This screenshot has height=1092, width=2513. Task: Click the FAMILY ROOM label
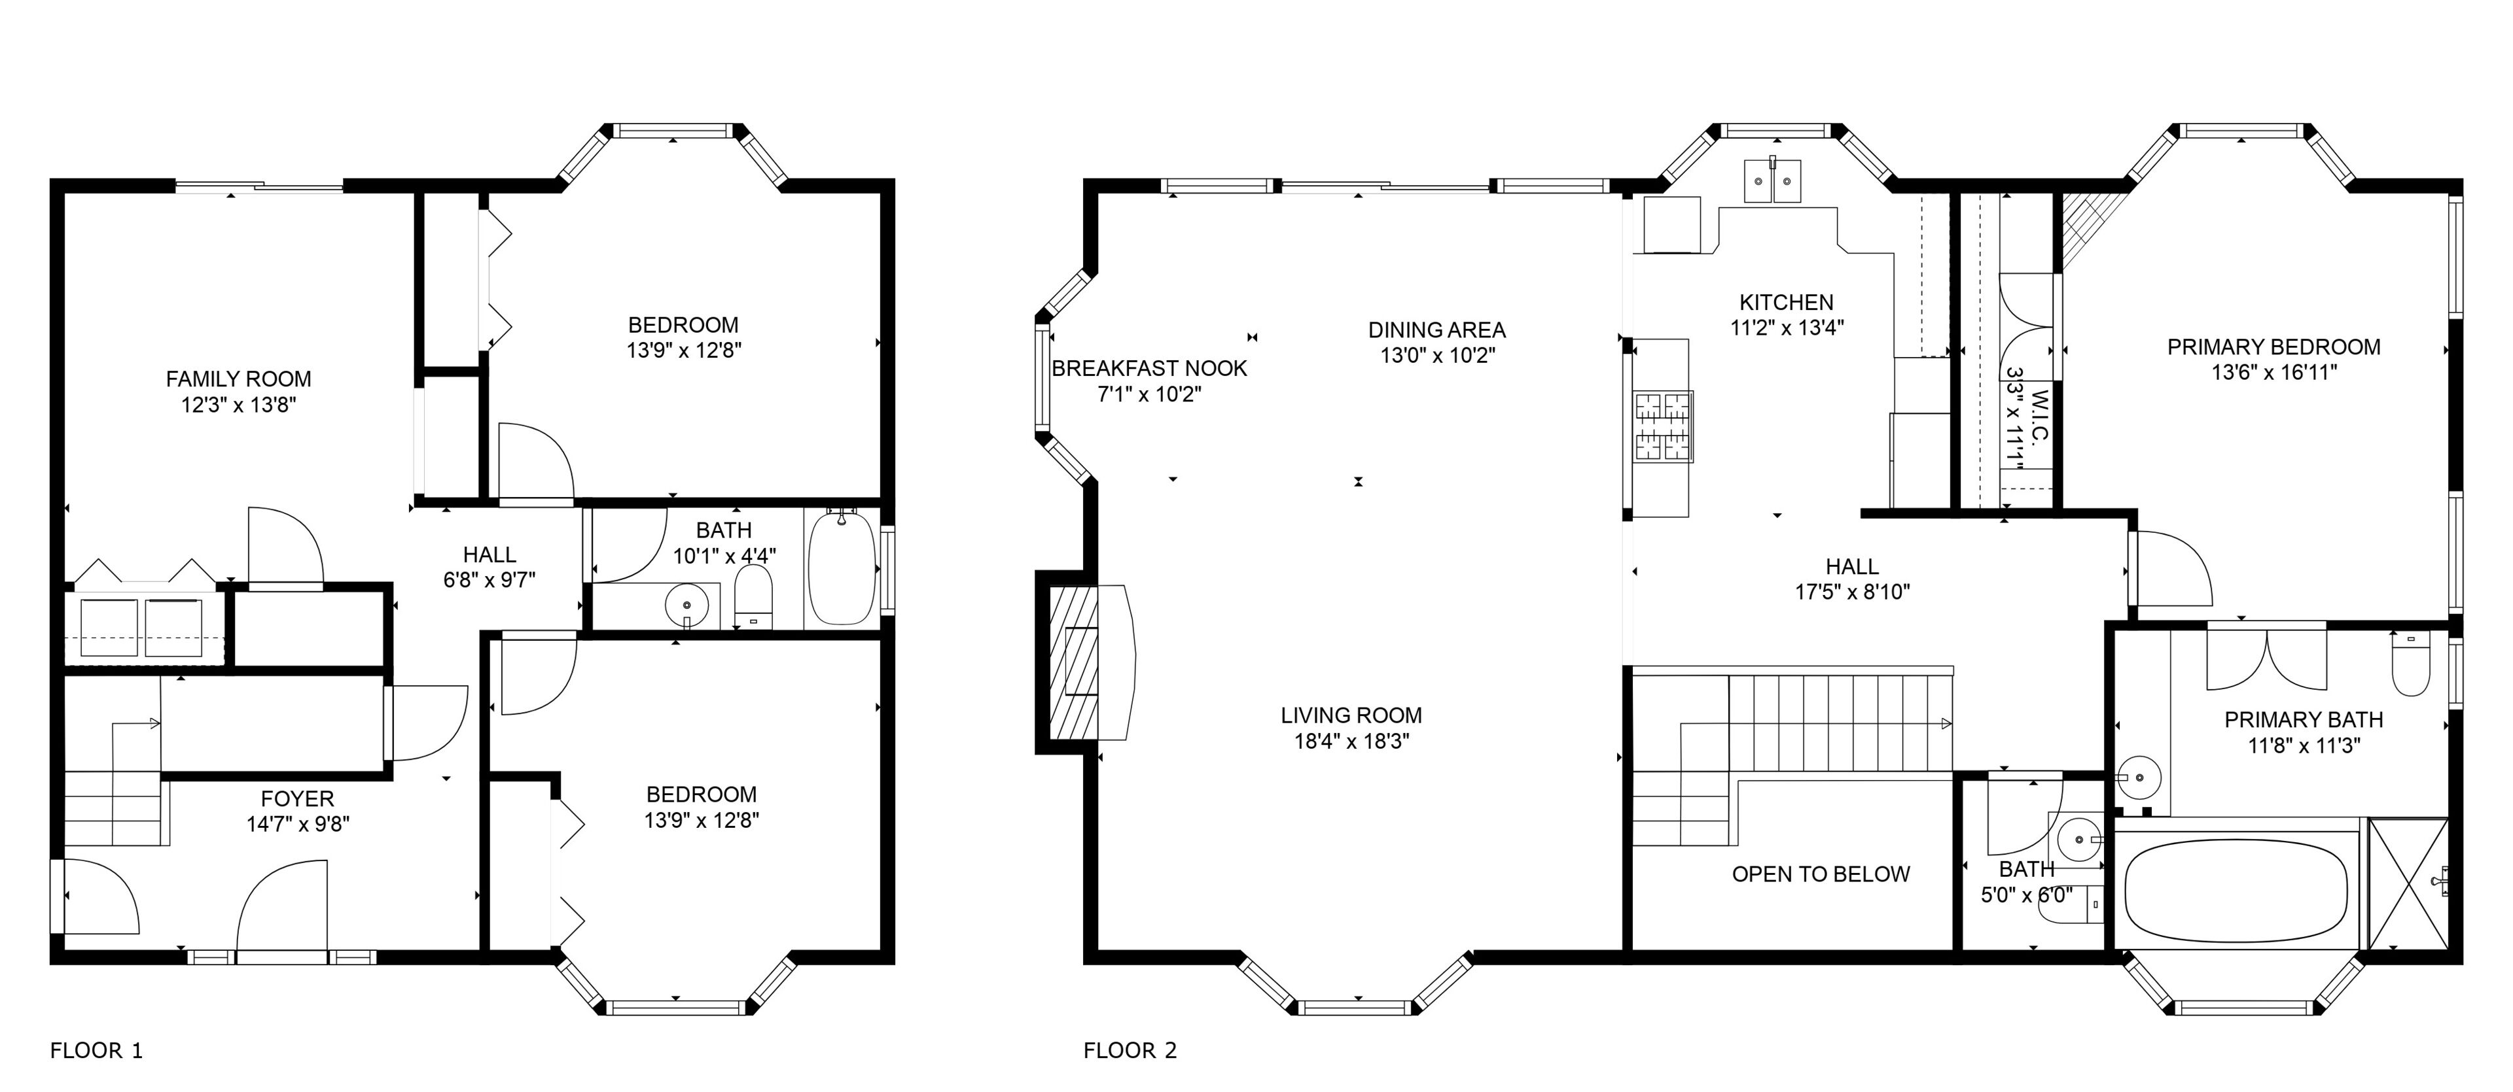coord(238,379)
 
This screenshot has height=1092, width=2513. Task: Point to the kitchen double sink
coord(1773,181)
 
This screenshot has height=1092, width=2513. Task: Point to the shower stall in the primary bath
coord(2408,883)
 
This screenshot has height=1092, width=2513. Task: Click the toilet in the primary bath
coord(2410,663)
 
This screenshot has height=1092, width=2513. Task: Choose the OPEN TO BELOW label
coord(1821,874)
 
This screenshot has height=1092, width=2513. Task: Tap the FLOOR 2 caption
coord(1130,1050)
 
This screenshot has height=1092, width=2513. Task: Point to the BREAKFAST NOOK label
coord(1149,369)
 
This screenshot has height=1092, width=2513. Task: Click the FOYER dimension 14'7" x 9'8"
coord(298,824)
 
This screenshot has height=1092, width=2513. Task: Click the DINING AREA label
coord(1437,330)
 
